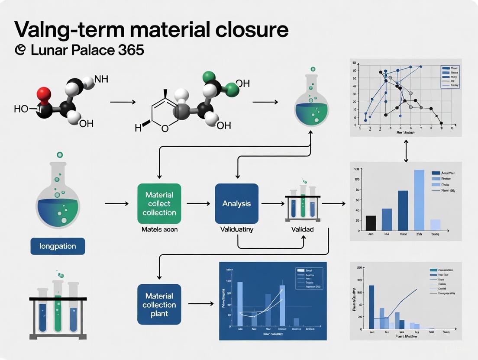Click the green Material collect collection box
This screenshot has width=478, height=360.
pyautogui.click(x=159, y=203)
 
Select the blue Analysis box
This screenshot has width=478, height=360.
pyautogui.click(x=236, y=203)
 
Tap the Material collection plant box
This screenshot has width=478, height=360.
pyautogui.click(x=159, y=304)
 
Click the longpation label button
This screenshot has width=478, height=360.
pyautogui.click(x=58, y=246)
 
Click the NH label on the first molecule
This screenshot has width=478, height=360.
pyautogui.click(x=101, y=80)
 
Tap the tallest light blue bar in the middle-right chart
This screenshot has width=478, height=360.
pyautogui.click(x=419, y=199)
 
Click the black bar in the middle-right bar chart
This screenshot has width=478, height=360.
pyautogui.click(x=371, y=222)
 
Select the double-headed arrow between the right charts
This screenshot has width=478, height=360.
pyautogui.click(x=406, y=152)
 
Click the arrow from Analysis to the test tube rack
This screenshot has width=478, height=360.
pyautogui.click(x=272, y=203)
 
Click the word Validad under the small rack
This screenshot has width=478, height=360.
pyautogui.click(x=302, y=229)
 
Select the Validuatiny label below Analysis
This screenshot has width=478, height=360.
pyautogui.click(x=236, y=229)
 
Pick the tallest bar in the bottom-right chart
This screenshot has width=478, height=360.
pyautogui.click(x=371, y=307)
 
